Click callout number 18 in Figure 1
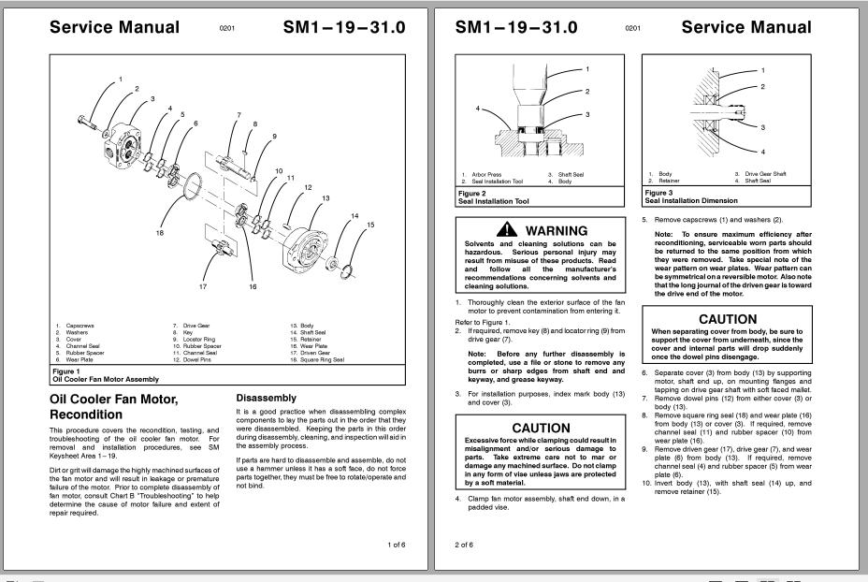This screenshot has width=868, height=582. point(159,233)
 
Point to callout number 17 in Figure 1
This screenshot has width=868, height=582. point(202,286)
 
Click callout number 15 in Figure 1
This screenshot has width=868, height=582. point(370,225)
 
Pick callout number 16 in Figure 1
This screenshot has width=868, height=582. point(253,287)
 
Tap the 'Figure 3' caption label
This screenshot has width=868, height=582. point(658,194)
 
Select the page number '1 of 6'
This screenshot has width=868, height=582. point(396,544)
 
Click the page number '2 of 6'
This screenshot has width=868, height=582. point(464,544)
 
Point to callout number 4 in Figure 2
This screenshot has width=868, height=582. point(478,109)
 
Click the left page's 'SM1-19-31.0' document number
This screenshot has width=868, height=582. point(344,27)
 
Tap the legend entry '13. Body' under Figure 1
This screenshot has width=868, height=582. point(302,326)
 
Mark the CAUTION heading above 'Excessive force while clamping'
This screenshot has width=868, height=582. point(541,428)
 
